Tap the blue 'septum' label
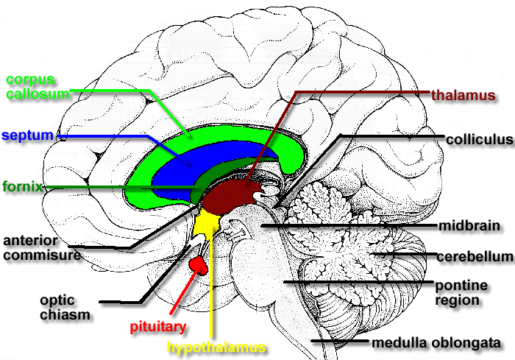[x=27, y=135]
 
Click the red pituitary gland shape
[x=199, y=264]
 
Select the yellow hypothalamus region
[x=207, y=221]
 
